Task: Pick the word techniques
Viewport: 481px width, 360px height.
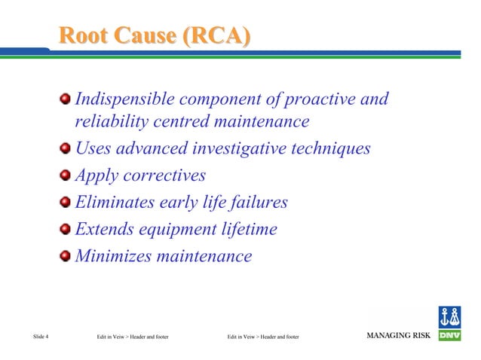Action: (x=333, y=148)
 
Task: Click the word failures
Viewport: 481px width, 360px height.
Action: (x=260, y=202)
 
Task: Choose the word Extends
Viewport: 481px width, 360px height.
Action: (x=103, y=229)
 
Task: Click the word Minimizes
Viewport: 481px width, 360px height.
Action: (x=112, y=256)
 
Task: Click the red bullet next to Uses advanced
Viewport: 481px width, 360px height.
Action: (x=66, y=149)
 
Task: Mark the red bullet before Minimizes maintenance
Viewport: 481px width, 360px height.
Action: (x=66, y=257)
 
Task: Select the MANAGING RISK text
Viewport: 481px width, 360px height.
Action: (x=398, y=335)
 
